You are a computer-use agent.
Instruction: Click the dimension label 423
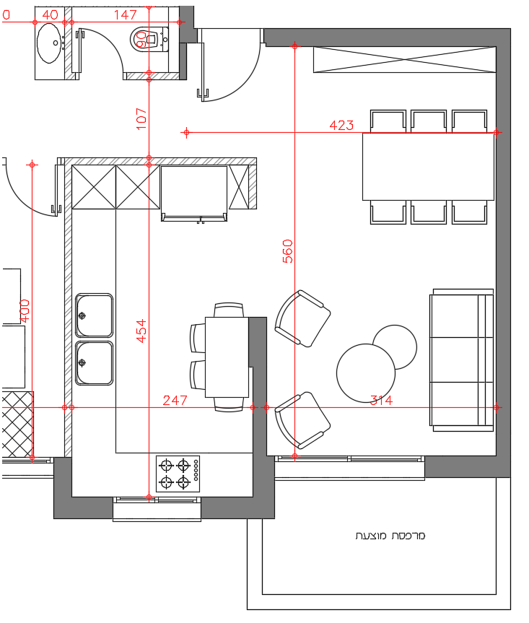[341, 126]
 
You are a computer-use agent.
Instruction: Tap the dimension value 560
[288, 251]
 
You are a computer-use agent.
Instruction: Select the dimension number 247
[175, 400]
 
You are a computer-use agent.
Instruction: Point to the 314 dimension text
[381, 400]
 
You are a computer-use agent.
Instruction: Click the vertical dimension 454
[141, 331]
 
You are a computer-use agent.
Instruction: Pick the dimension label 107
[141, 118]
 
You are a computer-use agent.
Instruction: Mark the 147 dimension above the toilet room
[125, 15]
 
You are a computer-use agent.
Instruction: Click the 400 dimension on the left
[25, 311]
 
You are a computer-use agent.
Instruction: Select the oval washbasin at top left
[49, 43]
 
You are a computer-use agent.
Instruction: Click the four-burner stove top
[178, 474]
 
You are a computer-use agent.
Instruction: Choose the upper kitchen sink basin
[94, 315]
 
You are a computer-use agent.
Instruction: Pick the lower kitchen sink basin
[94, 363]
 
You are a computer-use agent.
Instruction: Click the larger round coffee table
[366, 373]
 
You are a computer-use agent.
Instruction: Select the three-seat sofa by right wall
[462, 360]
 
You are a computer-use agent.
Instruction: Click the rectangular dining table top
[428, 167]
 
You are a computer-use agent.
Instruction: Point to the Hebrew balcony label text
[390, 536]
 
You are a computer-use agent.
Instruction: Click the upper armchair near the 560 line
[302, 318]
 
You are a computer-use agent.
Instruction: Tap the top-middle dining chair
[429, 121]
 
